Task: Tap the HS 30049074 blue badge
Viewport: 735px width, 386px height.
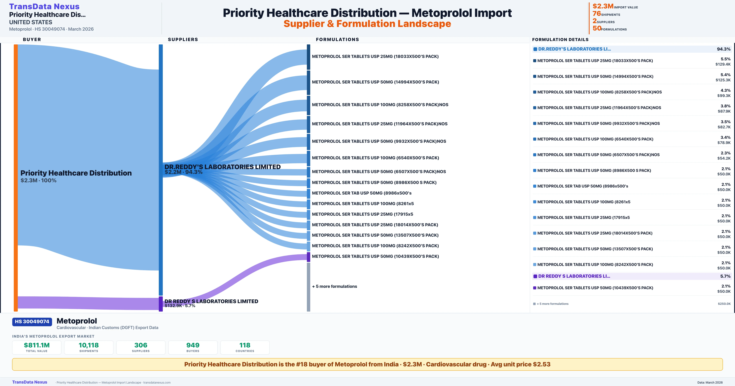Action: click(x=32, y=322)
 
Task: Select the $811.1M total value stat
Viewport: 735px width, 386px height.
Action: click(x=37, y=345)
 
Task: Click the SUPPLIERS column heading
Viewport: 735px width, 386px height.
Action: click(x=183, y=39)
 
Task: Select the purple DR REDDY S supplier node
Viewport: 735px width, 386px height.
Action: click(x=161, y=304)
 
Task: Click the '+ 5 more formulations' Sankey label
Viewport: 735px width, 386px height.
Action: click(x=334, y=286)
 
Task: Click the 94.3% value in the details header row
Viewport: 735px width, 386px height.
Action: click(x=724, y=49)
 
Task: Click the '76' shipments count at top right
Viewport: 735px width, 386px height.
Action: click(x=597, y=13)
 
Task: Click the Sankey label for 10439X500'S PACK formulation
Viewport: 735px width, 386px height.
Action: click(x=375, y=256)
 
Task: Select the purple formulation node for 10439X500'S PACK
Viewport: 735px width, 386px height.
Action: click(x=308, y=257)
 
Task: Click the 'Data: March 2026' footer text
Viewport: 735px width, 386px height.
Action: click(x=710, y=382)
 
